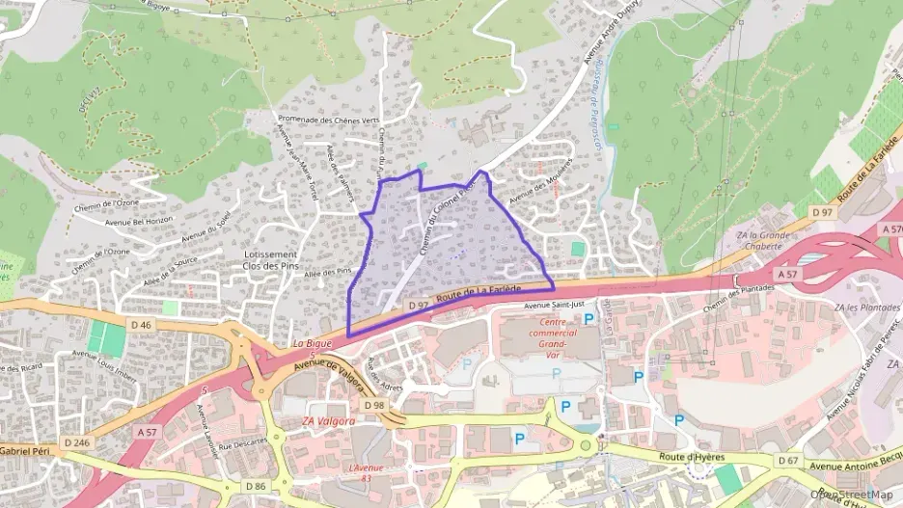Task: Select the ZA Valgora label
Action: point(328,421)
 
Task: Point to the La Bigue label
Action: point(311,343)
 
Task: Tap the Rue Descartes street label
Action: point(242,445)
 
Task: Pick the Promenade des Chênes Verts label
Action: point(328,120)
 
